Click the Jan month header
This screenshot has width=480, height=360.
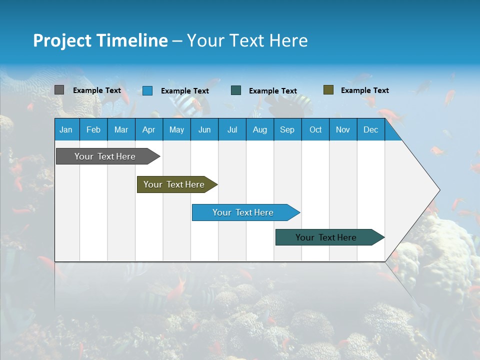tap(66, 129)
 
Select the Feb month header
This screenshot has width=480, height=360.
tap(93, 129)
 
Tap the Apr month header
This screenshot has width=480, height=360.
tap(148, 129)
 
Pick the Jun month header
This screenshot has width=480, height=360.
tap(204, 129)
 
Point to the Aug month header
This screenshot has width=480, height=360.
tap(259, 129)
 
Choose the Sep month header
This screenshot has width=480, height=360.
tap(287, 129)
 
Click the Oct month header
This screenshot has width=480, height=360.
tap(315, 129)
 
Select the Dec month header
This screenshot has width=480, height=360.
tap(370, 129)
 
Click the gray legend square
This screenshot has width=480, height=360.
tap(59, 90)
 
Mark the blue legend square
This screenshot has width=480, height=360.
tap(147, 90)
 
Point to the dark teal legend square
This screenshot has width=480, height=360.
tap(236, 90)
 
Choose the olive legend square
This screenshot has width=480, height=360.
tap(328, 90)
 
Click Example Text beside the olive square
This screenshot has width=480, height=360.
tap(364, 90)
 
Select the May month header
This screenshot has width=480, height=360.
tap(176, 129)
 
